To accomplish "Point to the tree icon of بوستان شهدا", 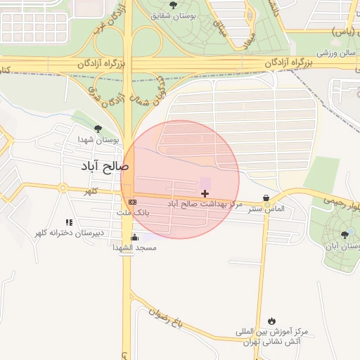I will tap(97, 129).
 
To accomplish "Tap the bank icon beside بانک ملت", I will tap(132, 202).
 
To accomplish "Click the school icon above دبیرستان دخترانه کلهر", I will tap(68, 222).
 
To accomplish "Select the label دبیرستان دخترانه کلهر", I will tap(70, 233).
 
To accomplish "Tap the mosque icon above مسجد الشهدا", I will tap(134, 237).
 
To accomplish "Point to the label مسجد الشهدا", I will tap(134, 247).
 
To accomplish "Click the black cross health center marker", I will tap(205, 193).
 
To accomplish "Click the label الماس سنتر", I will tap(265, 209).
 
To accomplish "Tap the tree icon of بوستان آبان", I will tap(344, 235).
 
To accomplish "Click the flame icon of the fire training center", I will tap(271, 320).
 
